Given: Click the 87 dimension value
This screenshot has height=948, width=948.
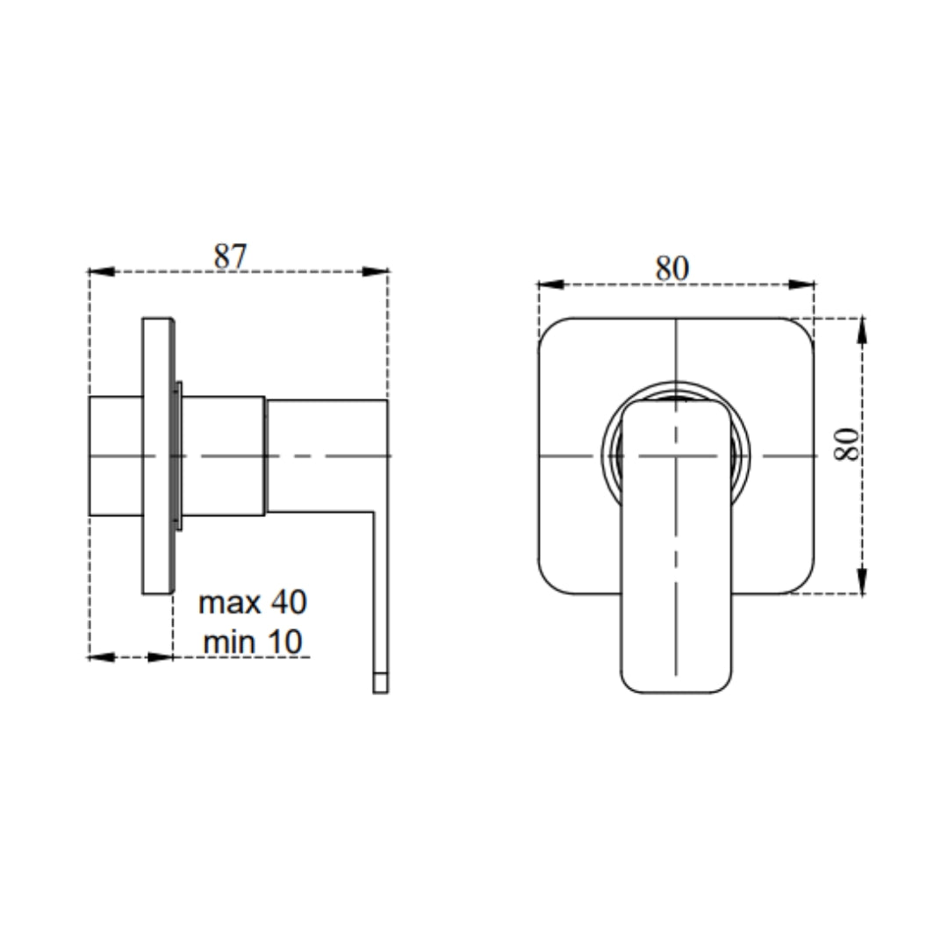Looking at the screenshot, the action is point(230,256).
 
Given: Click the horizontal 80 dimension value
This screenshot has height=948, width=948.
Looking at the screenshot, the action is point(672,269).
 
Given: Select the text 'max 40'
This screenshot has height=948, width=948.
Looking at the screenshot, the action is point(253,602).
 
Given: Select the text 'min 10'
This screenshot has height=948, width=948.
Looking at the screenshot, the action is point(253,642).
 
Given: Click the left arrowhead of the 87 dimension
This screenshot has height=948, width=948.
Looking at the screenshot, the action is point(102,272).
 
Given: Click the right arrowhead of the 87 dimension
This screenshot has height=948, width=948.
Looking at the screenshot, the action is point(375,272).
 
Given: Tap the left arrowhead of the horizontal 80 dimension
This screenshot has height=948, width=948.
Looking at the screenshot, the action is point(551,284).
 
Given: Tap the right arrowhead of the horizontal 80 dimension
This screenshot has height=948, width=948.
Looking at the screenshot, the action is point(801,284).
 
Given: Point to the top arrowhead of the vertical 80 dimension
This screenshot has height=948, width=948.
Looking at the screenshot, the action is point(863,331).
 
